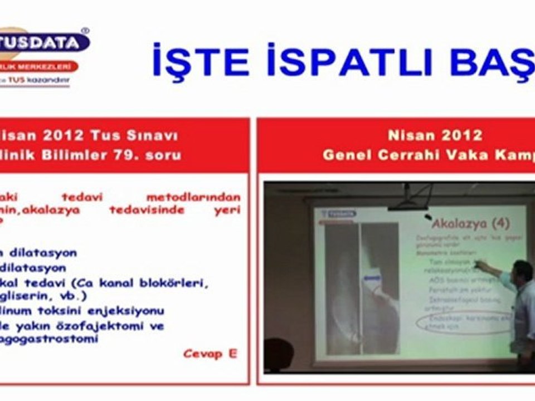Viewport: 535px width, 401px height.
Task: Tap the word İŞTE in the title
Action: (x=201, y=60)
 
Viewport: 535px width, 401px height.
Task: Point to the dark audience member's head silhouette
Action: (x=279, y=354)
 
